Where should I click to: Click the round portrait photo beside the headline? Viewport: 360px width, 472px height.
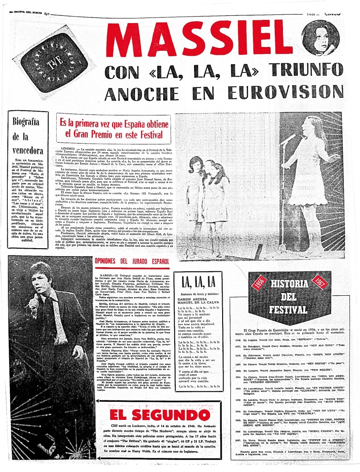[x=320, y=38]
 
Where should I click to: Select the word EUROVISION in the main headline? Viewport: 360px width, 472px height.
[x=285, y=92]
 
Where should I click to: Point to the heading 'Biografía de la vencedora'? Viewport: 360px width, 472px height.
[x=27, y=137]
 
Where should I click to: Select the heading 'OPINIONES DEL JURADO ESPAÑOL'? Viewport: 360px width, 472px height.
[x=132, y=262]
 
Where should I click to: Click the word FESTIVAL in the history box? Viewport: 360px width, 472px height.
[x=288, y=309]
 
